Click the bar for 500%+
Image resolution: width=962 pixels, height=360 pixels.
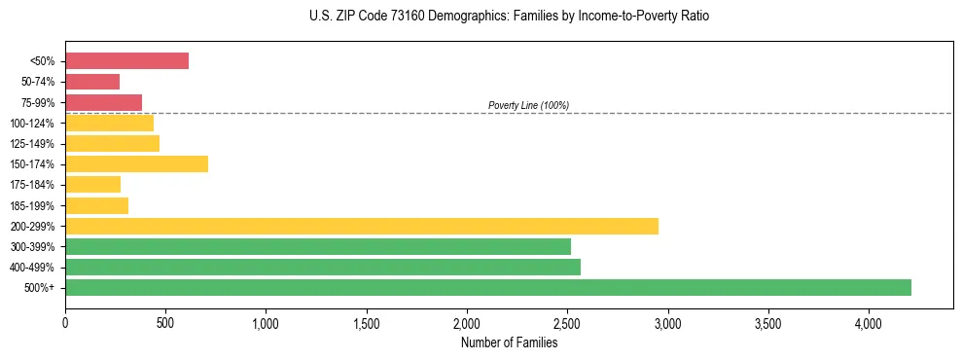[488, 287]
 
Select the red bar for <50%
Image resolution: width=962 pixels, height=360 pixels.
[126, 61]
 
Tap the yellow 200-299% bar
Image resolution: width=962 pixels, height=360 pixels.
[362, 226]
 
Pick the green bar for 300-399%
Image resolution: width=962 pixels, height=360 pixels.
[318, 246]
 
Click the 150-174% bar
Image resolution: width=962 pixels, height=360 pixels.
[136, 163]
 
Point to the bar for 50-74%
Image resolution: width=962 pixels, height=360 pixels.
[92, 82]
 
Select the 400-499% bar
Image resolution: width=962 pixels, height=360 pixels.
[323, 267]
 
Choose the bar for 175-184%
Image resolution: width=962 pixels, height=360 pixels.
[93, 184]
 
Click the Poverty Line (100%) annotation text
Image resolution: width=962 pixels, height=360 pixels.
[528, 105]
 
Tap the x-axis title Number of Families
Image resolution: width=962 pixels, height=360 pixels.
[509, 342]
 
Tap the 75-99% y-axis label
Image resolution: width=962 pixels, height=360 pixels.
[38, 102]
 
